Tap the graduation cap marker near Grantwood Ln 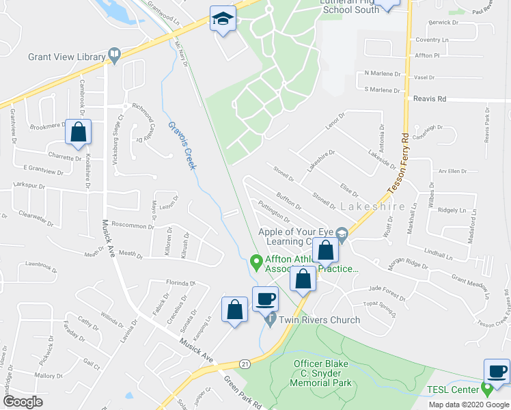click(x=223, y=19)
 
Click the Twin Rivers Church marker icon click(x=271, y=320)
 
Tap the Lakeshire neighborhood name click(x=381, y=205)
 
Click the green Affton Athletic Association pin click(x=257, y=260)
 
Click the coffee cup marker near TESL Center click(x=497, y=372)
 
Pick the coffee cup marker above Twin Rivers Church click(x=265, y=299)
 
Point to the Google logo click(x=23, y=401)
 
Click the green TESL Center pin click(x=487, y=390)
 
